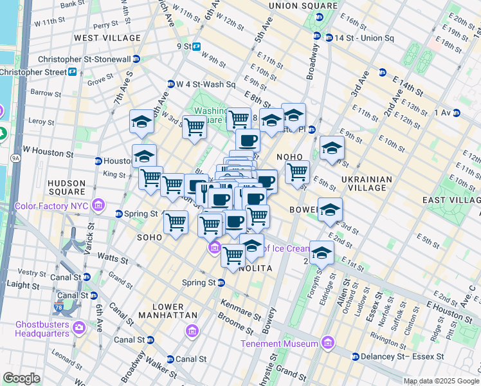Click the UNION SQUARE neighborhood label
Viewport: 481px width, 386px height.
tap(303, 6)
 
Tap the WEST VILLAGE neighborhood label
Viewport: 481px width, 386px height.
tap(107, 38)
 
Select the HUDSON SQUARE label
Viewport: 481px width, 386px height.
tap(67, 187)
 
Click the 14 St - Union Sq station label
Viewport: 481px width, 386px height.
tap(363, 38)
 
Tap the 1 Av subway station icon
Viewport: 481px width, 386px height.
tap(457, 113)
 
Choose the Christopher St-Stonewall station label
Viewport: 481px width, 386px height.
tap(89, 59)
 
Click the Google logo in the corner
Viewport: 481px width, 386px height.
tap(21, 378)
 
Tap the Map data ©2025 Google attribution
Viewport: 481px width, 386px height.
tap(440, 381)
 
